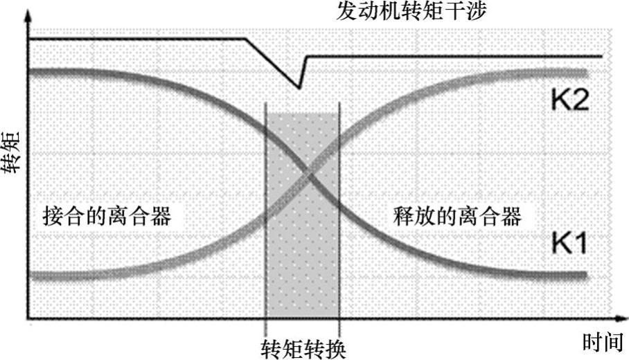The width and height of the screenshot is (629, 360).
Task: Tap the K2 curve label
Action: tap(569, 102)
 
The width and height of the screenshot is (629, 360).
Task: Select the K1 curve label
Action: tap(569, 243)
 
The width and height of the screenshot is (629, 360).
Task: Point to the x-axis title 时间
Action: tap(600, 342)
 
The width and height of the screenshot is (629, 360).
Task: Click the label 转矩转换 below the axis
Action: tap(303, 345)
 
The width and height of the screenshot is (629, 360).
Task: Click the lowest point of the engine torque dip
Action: tap(299, 88)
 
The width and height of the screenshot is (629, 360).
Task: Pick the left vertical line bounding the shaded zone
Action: tap(266, 208)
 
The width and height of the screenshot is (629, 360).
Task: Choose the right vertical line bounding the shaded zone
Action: tap(339, 208)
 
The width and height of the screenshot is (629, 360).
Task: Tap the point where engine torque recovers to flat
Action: tap(307, 56)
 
